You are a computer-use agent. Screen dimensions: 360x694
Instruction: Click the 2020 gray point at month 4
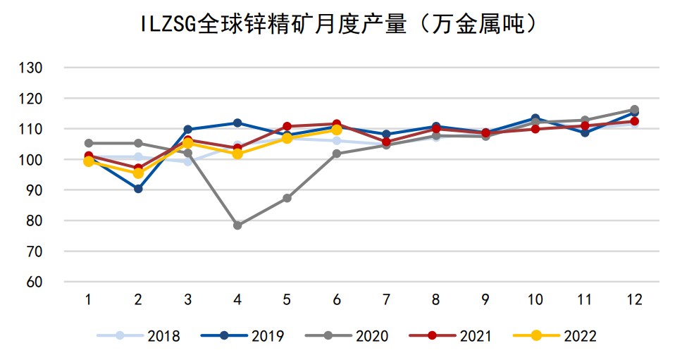pyautogui.click(x=237, y=225)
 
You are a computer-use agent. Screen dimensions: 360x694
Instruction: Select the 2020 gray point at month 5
pyautogui.click(x=287, y=198)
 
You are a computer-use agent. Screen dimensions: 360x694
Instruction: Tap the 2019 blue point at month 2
pyautogui.click(x=138, y=189)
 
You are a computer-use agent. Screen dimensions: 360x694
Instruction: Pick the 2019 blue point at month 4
pyautogui.click(x=237, y=123)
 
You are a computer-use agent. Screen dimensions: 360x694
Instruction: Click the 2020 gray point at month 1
pyautogui.click(x=89, y=143)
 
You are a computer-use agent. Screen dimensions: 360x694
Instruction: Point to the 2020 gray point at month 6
pyautogui.click(x=337, y=154)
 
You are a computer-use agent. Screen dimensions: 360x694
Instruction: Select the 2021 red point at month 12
pyautogui.click(x=634, y=122)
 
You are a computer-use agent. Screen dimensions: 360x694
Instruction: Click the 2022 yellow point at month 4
pyautogui.click(x=237, y=154)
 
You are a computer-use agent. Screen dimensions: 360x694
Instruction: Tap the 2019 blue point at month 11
pyautogui.click(x=585, y=132)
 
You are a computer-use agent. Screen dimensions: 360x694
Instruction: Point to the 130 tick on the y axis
pyautogui.click(x=33, y=68)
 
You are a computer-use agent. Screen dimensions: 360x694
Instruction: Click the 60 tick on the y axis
pyautogui.click(x=36, y=282)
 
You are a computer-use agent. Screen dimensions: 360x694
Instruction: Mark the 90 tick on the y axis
pyautogui.click(x=36, y=190)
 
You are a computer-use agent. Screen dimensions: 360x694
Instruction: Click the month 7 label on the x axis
pyautogui.click(x=386, y=300)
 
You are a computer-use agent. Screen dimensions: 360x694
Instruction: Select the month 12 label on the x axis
pyautogui.click(x=634, y=300)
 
